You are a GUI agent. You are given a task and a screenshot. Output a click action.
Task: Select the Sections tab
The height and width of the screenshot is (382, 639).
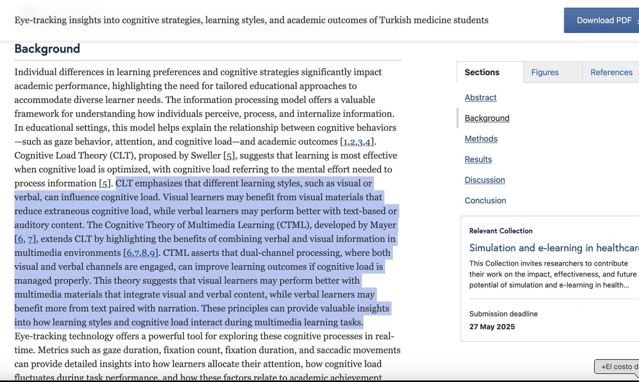point(482,72)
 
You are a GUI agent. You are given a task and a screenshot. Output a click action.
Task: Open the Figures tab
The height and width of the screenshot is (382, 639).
point(544,72)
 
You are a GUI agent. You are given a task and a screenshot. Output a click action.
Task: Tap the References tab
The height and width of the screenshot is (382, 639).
point(611,72)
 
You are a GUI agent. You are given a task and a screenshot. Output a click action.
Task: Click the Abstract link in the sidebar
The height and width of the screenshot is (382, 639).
point(480,97)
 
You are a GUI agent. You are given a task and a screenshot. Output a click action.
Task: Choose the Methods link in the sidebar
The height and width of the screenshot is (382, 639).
point(481,139)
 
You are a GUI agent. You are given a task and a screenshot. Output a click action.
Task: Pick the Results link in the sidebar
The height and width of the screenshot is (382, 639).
point(478,159)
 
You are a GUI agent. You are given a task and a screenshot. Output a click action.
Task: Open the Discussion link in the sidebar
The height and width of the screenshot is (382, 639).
point(485,180)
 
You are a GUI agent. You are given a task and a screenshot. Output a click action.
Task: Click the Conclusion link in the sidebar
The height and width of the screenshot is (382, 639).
point(485,200)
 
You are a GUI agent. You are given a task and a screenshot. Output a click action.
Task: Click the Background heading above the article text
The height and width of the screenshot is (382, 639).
point(47,49)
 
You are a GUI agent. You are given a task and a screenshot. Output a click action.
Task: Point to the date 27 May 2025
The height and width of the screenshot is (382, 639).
point(492,327)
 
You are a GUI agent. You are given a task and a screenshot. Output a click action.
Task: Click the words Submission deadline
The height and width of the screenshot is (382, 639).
point(503,314)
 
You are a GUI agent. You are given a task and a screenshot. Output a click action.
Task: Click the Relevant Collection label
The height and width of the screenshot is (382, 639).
point(501,231)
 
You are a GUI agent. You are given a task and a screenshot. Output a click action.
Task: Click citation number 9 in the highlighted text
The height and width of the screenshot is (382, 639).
point(152,253)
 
